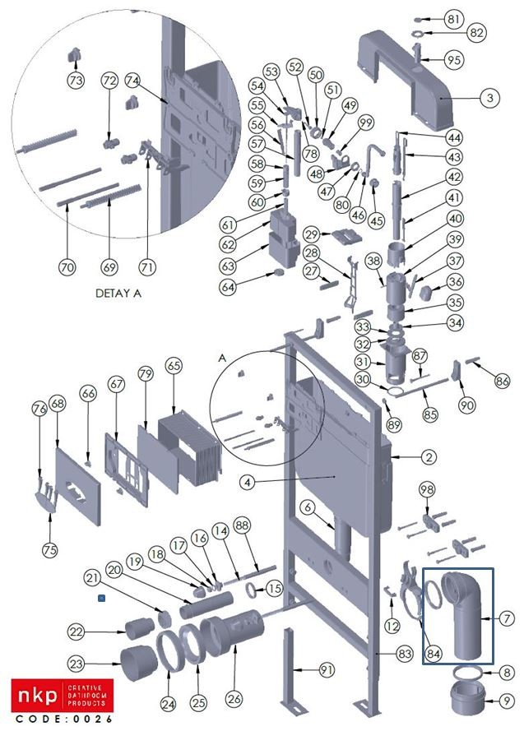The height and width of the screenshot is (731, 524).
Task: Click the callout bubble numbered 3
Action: (489, 97)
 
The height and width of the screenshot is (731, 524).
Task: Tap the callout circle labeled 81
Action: (477, 18)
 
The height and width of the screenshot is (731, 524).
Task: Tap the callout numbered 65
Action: (172, 365)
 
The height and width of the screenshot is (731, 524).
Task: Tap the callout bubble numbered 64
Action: (227, 287)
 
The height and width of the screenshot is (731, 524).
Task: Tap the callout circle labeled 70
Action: (67, 266)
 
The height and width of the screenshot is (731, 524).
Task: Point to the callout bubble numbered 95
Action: (477, 60)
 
